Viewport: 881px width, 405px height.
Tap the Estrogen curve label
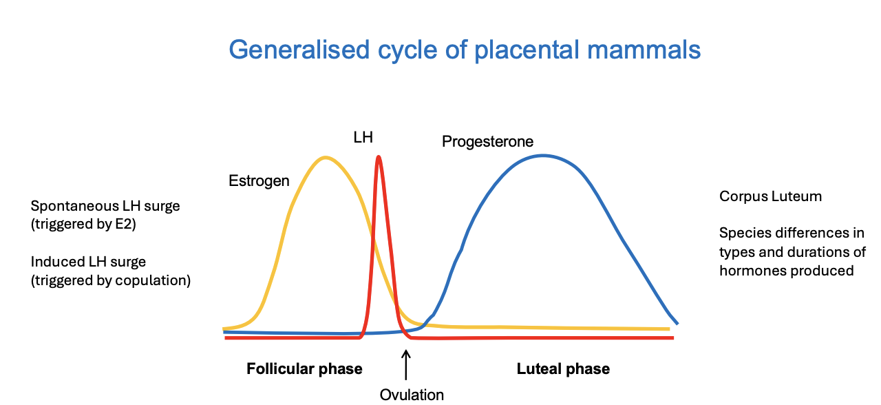point(259,181)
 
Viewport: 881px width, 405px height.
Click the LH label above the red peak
point(363,137)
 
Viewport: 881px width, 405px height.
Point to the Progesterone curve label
point(487,142)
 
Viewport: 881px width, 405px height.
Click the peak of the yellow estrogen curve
point(325,158)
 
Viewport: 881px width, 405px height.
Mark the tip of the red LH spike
point(379,157)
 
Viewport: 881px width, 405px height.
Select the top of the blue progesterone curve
point(543,155)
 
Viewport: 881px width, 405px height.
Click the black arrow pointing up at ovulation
point(406,365)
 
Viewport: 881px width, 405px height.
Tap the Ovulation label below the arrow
point(412,395)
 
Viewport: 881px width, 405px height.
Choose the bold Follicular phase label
point(304,369)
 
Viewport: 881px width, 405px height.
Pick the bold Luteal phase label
point(563,369)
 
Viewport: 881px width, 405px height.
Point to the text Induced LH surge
point(88,262)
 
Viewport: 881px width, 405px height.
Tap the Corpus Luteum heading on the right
point(770,196)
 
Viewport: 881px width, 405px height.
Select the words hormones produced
point(786,271)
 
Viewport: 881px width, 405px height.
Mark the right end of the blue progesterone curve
point(677,323)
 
